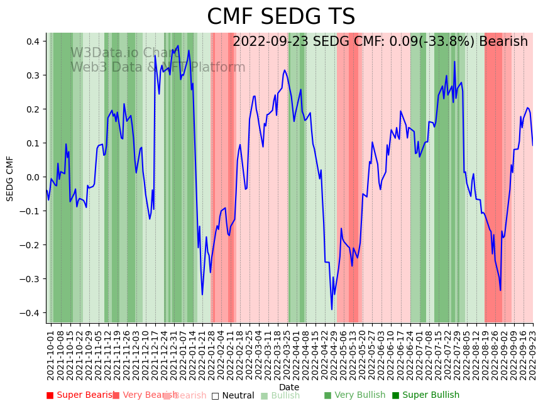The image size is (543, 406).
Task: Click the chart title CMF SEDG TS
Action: tap(281, 17)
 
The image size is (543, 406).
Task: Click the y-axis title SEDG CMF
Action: tap(10, 178)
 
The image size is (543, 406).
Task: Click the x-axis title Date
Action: tap(289, 387)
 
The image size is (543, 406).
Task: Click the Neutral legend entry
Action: tap(233, 395)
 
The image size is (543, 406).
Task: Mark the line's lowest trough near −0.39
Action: tap(332, 309)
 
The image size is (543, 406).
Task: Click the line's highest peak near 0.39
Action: tap(178, 46)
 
